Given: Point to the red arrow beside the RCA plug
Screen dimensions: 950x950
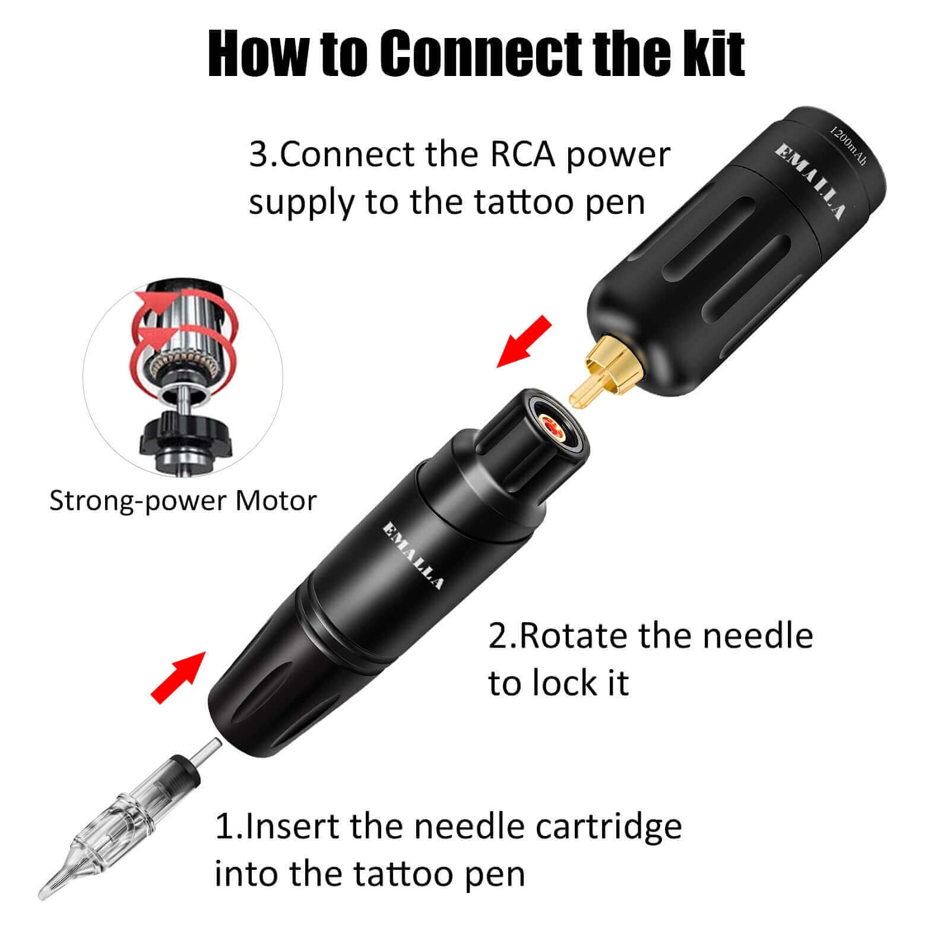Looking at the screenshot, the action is click(524, 341).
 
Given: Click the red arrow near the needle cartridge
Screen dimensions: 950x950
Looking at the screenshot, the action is click(178, 677).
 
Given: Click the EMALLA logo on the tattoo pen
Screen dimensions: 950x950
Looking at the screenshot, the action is click(413, 555).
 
